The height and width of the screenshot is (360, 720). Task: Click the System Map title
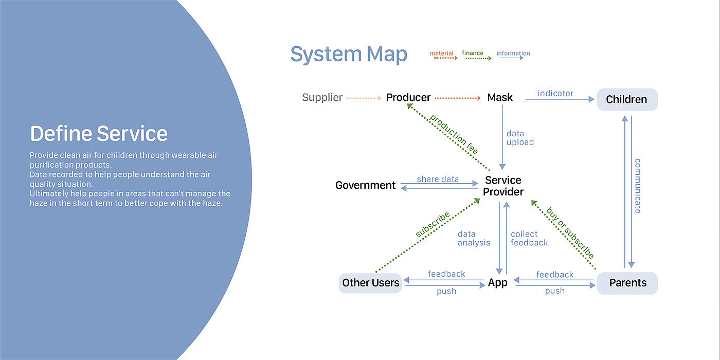pos(349,54)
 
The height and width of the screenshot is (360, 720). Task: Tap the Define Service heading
pos(99,134)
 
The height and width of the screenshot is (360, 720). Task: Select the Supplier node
pos(322,98)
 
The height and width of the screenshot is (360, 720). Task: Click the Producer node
pos(408,98)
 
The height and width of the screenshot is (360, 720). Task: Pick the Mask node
pos(500,98)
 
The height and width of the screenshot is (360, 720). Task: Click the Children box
pos(626,99)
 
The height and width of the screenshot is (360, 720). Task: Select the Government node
pos(365,185)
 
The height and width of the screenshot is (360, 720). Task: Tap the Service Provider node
pos(503,186)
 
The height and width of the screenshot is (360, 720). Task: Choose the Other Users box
pos(370,282)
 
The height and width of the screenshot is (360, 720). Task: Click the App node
pos(497,282)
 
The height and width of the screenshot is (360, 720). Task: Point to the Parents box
pos(627,282)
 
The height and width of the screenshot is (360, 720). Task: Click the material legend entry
pos(442,53)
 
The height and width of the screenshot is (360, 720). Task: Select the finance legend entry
pos(473,53)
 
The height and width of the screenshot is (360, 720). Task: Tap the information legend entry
pos(513,53)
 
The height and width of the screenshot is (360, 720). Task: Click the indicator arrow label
pos(555,94)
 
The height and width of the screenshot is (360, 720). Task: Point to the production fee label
pos(454,134)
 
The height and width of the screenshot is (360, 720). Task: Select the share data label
pos(438,179)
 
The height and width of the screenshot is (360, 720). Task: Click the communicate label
pos(638,185)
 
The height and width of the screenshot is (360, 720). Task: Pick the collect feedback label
pos(529,238)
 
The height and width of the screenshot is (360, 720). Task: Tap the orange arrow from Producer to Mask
pos(458,98)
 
